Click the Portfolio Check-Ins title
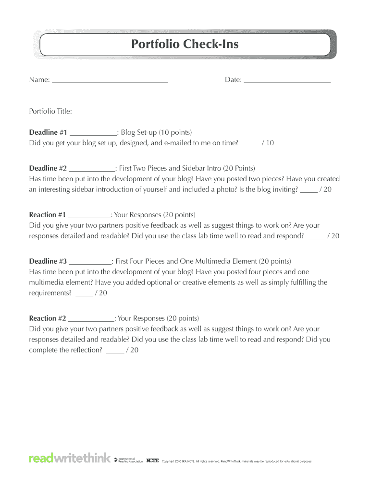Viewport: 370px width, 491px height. coord(185,45)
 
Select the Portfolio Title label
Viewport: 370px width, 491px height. coord(50,111)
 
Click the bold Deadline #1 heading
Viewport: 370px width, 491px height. coord(48,132)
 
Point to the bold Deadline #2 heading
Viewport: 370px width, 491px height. coord(48,168)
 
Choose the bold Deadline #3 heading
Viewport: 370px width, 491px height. coord(48,261)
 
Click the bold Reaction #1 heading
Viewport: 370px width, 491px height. coord(47,215)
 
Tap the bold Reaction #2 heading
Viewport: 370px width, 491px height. coord(47,318)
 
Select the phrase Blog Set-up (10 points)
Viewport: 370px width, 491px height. coord(156,132)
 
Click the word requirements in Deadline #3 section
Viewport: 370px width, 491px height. coord(50,293)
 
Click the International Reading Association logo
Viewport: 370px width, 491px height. coord(128,460)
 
